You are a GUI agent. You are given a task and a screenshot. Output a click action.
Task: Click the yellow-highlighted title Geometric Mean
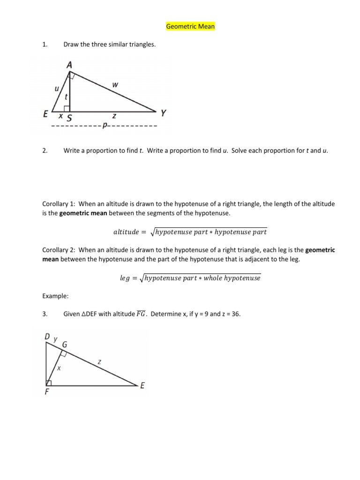pyautogui.click(x=190, y=26)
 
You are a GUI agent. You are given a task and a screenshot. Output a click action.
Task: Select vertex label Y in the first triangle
pyautogui.click(x=163, y=113)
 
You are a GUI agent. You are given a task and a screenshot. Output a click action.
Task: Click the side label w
pyautogui.click(x=115, y=85)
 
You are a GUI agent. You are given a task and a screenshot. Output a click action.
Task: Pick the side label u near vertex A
pyautogui.click(x=57, y=88)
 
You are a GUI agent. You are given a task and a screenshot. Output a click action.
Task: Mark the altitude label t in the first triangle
pyautogui.click(x=66, y=96)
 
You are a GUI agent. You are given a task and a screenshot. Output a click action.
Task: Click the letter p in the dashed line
pyautogui.click(x=105, y=126)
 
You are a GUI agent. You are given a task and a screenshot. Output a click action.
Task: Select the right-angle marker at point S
pyautogui.click(x=67, y=109)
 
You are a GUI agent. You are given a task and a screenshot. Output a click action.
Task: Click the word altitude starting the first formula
pyautogui.click(x=127, y=232)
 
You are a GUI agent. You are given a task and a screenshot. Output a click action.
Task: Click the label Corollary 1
pyautogui.click(x=59, y=204)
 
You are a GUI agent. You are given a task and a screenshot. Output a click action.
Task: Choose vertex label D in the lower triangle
pyautogui.click(x=47, y=337)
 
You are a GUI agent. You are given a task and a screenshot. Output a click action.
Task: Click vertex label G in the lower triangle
pyautogui.click(x=65, y=345)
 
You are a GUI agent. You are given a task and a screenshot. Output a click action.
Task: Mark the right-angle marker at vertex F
pyautogui.click(x=49, y=383)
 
